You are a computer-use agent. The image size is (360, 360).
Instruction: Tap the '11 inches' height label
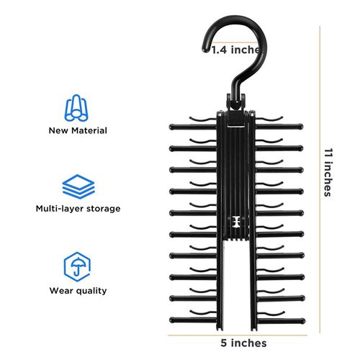click(x=328, y=173)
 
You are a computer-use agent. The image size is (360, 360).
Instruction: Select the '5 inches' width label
click(x=243, y=343)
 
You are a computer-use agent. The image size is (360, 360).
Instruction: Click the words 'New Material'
click(x=78, y=130)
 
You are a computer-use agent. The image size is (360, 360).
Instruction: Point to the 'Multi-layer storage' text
click(x=78, y=209)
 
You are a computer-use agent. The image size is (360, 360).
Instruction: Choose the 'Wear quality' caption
click(x=78, y=291)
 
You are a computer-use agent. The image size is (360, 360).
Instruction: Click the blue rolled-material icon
click(x=76, y=108)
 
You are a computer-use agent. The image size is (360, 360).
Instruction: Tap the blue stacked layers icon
click(x=78, y=186)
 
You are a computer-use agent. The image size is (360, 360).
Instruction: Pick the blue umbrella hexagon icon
click(x=77, y=266)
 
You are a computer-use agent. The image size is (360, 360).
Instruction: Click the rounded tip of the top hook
click(x=205, y=50)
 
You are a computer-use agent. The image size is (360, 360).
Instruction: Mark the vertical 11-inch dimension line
click(x=320, y=179)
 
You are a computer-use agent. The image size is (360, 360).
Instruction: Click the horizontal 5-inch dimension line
click(x=238, y=335)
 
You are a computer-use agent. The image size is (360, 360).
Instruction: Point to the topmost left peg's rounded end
click(x=172, y=127)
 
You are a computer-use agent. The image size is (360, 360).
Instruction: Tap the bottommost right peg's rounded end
click(x=303, y=320)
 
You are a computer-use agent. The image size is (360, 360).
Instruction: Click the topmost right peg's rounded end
click(x=301, y=127)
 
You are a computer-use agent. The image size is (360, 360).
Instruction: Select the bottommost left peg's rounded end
click(x=172, y=320)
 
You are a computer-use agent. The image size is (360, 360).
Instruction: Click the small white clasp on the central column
click(x=236, y=221)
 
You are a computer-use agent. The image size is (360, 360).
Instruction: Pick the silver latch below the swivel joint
click(x=236, y=126)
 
